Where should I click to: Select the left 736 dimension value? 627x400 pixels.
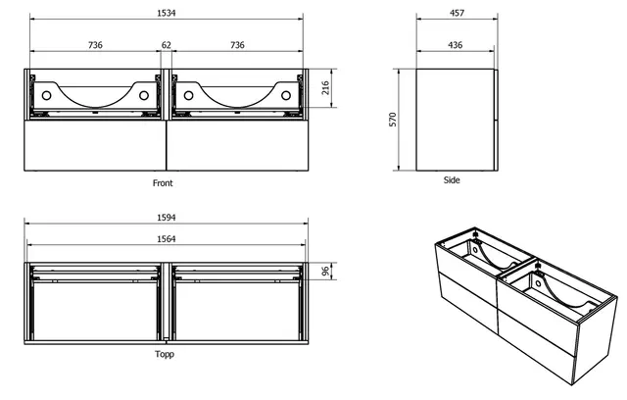point(95,45)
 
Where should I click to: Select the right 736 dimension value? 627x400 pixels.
point(236,45)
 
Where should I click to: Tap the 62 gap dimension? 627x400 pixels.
point(166,45)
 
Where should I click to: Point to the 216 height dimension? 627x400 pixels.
point(324,93)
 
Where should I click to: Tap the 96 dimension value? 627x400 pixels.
point(325,272)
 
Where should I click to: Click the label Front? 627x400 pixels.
point(164,183)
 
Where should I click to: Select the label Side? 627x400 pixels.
point(452,180)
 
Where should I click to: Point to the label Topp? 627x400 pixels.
point(164,354)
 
